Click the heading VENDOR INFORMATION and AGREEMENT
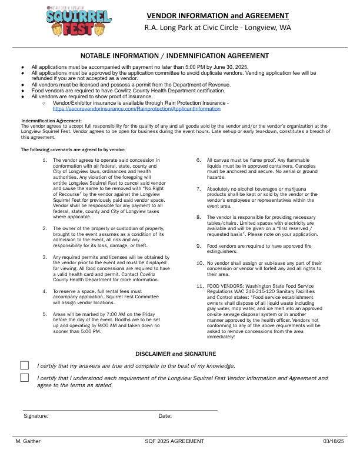(217, 15)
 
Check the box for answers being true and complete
(25, 365)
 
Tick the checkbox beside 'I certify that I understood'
(25, 377)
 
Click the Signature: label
(36, 416)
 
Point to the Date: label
(165, 416)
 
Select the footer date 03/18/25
(334, 441)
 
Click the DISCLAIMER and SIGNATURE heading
(176, 354)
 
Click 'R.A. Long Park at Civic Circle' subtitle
(217, 28)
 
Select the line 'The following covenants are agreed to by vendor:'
(73, 150)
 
